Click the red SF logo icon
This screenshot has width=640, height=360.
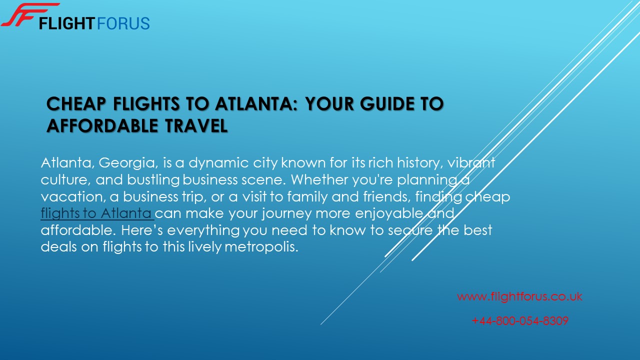click(x=30, y=15)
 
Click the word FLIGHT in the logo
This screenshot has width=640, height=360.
click(x=67, y=23)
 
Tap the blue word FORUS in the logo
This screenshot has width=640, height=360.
click(x=123, y=23)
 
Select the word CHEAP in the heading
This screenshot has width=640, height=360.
click(x=76, y=103)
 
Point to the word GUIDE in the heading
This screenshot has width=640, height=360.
click(x=387, y=103)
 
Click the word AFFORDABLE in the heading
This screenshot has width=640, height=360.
click(x=102, y=125)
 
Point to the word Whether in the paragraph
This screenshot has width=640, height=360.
click(x=319, y=179)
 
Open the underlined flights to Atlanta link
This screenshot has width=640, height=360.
click(x=97, y=213)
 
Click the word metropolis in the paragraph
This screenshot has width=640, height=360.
click(x=261, y=247)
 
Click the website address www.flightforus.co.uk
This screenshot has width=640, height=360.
click(x=519, y=296)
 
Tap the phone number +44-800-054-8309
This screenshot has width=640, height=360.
click(x=520, y=321)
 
